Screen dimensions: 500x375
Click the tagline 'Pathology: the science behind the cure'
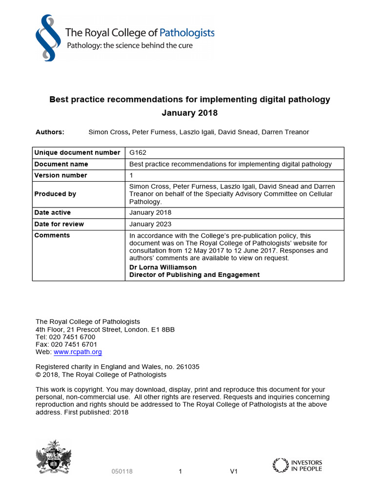(x=129, y=45)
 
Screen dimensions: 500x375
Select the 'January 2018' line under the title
(x=189, y=113)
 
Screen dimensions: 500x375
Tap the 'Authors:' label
(x=50, y=132)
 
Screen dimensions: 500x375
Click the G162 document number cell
(x=138, y=153)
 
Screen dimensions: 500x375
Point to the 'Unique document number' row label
(x=77, y=153)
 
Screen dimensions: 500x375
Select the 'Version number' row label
(x=61, y=175)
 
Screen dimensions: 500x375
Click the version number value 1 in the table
(x=131, y=175)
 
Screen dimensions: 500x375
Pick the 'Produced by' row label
(x=55, y=194)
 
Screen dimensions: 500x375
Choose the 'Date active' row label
(x=52, y=213)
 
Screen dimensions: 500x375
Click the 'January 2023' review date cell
(x=150, y=224)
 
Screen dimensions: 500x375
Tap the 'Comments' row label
(x=52, y=235)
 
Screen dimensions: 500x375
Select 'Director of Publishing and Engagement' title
(x=194, y=275)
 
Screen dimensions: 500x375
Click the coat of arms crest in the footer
(x=53, y=457)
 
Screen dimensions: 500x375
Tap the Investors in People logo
(x=297, y=465)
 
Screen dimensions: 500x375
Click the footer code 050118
(x=122, y=472)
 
